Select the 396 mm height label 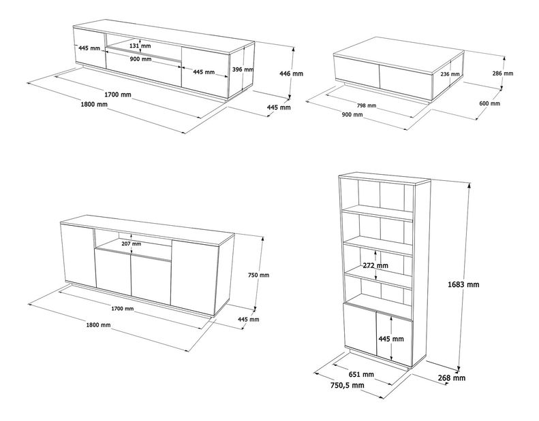coord(243,69)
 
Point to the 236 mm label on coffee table coord(450,74)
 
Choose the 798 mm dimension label coord(366,105)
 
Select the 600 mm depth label coord(489,103)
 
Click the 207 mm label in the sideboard coord(131,243)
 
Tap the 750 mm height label coord(259,275)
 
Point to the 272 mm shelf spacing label coord(375,265)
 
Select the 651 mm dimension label coord(361,374)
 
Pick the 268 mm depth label coord(452,377)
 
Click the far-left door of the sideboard coord(76,254)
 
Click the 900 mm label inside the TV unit coord(140,59)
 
